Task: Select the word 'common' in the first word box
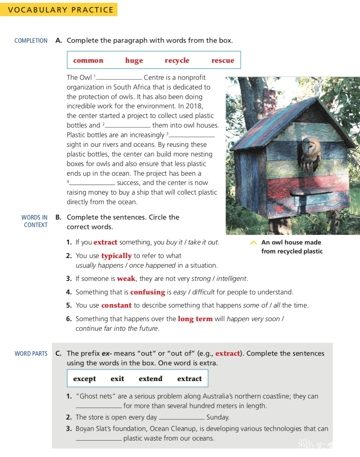pyautogui.click(x=88, y=60)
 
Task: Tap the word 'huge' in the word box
pyautogui.click(x=134, y=61)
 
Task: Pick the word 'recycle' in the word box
pyautogui.click(x=177, y=61)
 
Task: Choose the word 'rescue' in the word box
pyautogui.click(x=222, y=60)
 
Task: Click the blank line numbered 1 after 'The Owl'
pyautogui.click(x=119, y=78)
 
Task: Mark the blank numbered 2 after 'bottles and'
pyautogui.click(x=128, y=126)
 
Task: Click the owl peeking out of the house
pyautogui.click(x=310, y=154)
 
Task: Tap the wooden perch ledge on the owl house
pyautogui.click(x=307, y=192)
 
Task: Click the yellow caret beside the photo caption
pyautogui.click(x=253, y=243)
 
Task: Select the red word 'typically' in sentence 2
pyautogui.click(x=116, y=256)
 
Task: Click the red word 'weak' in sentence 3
pyautogui.click(x=126, y=278)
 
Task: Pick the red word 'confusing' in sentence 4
pyautogui.click(x=148, y=292)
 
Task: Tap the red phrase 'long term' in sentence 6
pyautogui.click(x=195, y=319)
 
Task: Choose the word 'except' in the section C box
pyautogui.click(x=84, y=379)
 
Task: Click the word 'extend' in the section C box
pyautogui.click(x=150, y=379)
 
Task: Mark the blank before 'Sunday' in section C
pyautogui.click(x=182, y=418)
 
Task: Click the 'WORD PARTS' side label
pyautogui.click(x=31, y=354)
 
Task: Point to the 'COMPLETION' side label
pyautogui.click(x=31, y=41)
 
